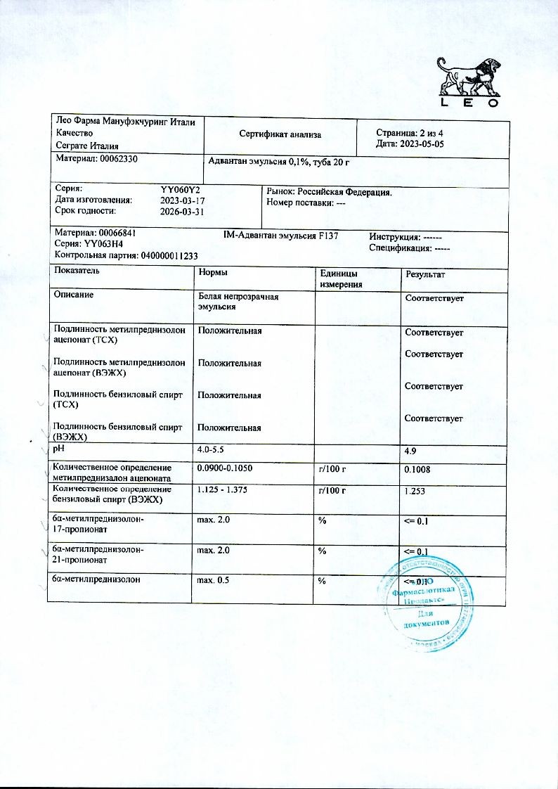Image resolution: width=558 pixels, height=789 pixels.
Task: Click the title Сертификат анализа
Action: (x=280, y=133)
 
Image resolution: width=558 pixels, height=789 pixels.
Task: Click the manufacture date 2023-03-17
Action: (x=182, y=200)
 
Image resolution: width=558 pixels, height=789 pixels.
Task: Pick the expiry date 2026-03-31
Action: (x=182, y=211)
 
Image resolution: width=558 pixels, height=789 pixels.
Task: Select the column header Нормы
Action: (x=213, y=272)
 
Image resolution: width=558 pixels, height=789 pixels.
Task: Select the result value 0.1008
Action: (x=419, y=470)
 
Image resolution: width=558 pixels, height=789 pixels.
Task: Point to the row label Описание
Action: (x=74, y=295)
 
